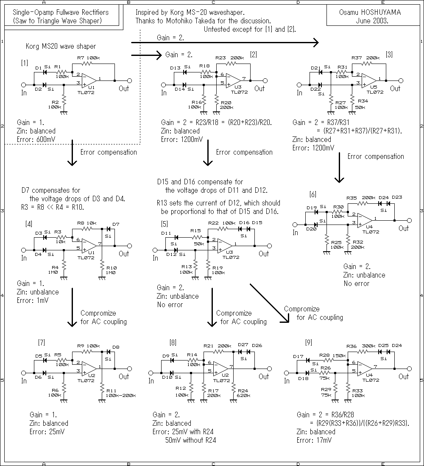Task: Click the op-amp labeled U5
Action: (368, 81)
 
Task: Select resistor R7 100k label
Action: (88, 58)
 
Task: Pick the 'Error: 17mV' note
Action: (314, 440)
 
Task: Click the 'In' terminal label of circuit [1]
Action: (24, 92)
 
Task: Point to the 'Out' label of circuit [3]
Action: (395, 89)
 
